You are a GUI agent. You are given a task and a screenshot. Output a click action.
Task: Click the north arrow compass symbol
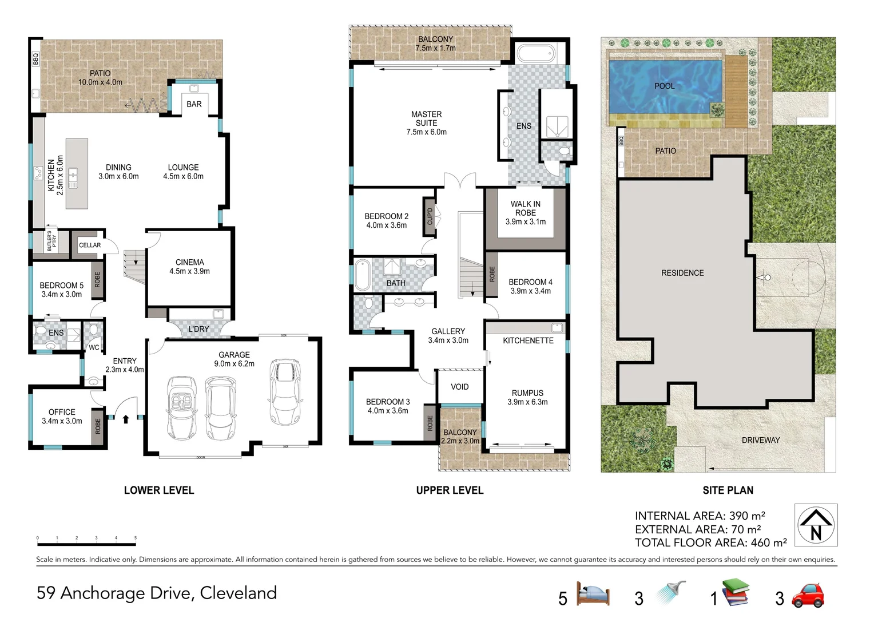pos(816,525)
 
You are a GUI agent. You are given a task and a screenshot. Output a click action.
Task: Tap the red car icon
pos(808,596)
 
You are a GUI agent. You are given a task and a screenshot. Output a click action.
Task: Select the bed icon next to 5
pos(593,594)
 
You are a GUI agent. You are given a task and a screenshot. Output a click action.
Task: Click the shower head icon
pos(670,593)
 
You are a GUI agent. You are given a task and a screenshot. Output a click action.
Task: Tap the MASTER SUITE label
pos(426,119)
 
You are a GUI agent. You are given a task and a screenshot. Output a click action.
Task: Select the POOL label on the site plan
pos(664,86)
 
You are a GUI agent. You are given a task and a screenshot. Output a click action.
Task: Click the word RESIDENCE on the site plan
pos(682,273)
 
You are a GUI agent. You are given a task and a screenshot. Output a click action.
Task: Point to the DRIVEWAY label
pos(760,440)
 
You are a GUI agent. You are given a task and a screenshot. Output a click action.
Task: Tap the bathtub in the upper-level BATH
pos(362,275)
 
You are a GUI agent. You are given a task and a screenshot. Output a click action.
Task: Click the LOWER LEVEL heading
pos(159,490)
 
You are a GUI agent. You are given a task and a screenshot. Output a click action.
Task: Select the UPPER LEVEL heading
pos(450,490)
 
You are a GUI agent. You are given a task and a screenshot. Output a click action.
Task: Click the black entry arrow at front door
pos(126,419)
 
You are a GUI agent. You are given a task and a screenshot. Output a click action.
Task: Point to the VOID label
pos(459,387)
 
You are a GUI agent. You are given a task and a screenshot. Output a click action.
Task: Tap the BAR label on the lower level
pos(194,104)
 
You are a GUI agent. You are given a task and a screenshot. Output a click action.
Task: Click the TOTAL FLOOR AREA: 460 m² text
pos(710,542)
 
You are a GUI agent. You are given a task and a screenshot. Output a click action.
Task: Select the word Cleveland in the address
pos(238,593)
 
